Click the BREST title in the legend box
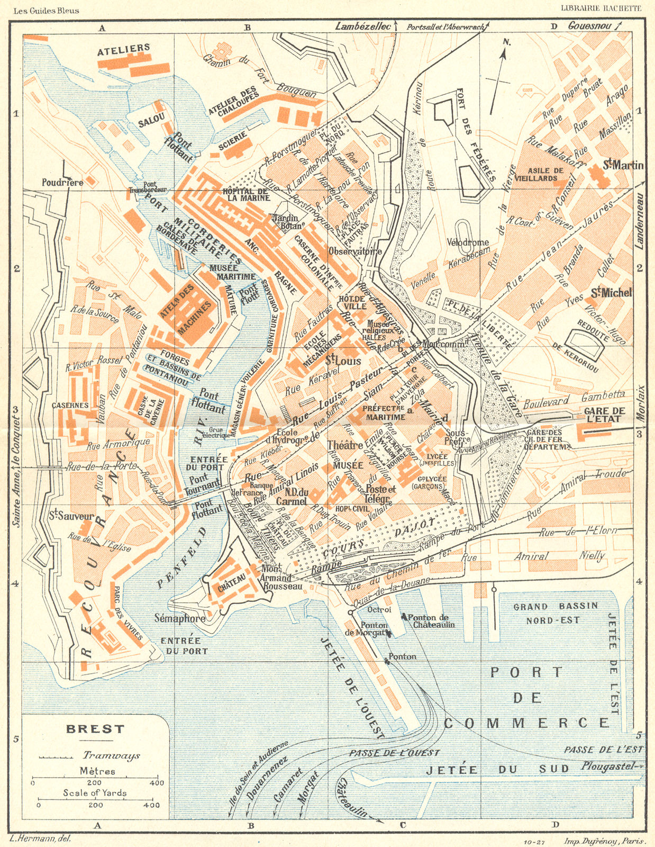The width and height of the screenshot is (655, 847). point(95,728)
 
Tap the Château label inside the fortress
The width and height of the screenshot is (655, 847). point(232,585)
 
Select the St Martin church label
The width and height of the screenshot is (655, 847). point(624,166)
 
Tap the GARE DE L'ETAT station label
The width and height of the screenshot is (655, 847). point(604,416)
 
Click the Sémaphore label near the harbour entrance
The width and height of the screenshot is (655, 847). point(180,618)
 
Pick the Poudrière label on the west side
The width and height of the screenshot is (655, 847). point(62,182)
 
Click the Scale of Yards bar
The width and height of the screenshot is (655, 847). point(95,799)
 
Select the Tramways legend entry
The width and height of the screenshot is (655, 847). point(111,755)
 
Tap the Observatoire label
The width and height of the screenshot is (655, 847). point(355,251)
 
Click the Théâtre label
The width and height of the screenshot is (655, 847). point(345,445)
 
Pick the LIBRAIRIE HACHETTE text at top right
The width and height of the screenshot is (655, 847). point(601,8)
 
